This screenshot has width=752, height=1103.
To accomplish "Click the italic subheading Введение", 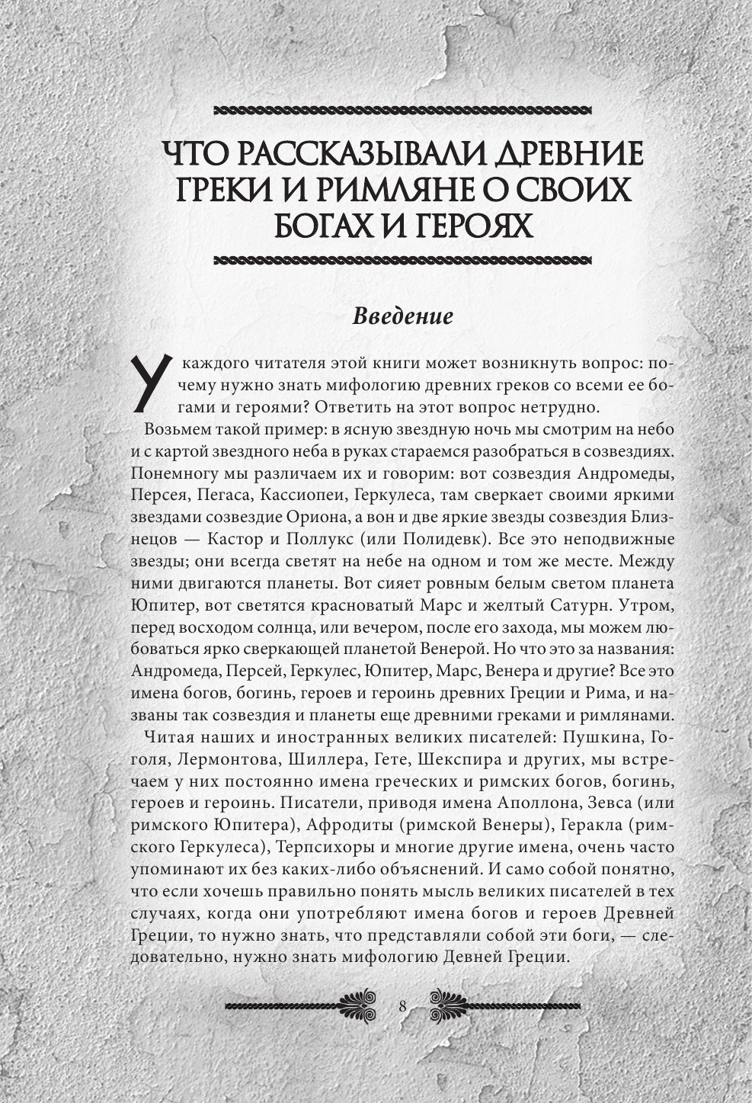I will tap(402, 316).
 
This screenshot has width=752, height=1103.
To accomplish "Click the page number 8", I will tap(402, 1006).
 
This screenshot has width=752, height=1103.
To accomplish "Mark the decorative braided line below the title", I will tap(402, 261).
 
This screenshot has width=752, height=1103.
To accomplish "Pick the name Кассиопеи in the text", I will tap(304, 495).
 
